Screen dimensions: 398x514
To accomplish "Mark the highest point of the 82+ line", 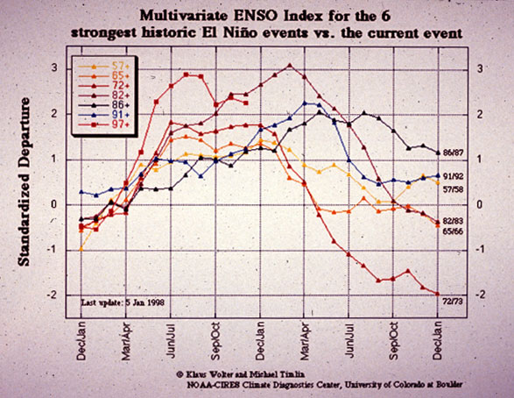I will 290,65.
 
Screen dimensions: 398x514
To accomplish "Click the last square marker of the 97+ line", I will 246,103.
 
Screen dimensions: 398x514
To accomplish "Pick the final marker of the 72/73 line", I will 438,295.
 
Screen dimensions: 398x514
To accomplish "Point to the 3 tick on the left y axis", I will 56,68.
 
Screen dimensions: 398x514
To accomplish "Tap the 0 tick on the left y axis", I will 56,204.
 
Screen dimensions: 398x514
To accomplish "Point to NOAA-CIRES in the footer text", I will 212,385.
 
